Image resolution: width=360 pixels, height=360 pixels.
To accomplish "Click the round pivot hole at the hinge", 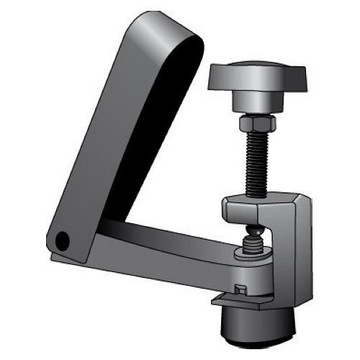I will click(x=62, y=240).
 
